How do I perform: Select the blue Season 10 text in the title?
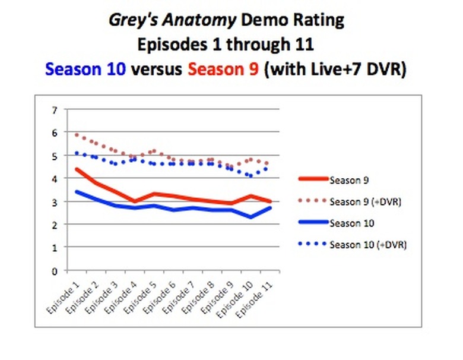[x=85, y=69]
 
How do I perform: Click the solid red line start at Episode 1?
[x=77, y=169]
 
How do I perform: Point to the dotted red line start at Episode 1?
[x=77, y=135]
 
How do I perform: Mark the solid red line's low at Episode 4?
[x=135, y=201]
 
